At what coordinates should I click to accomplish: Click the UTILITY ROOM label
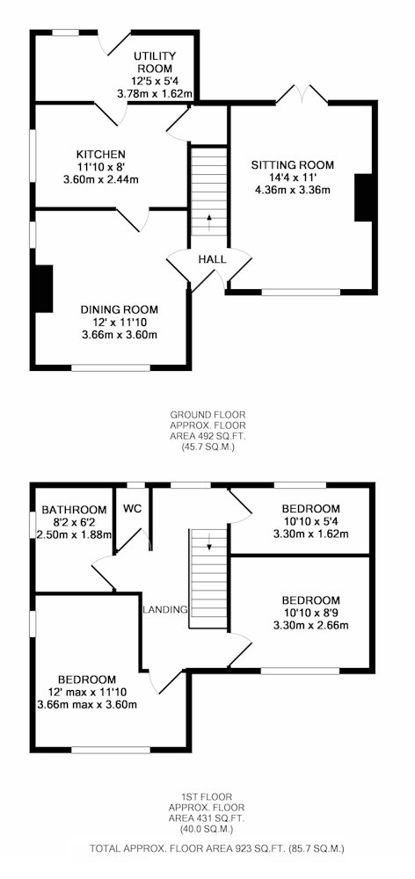click(154, 62)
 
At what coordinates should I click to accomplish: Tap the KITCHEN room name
click(101, 154)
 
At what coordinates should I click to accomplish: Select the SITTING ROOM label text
click(292, 165)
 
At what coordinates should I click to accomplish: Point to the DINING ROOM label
click(119, 309)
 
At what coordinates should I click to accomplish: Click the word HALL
click(212, 259)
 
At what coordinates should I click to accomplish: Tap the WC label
click(132, 509)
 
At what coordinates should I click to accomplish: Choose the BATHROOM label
click(74, 510)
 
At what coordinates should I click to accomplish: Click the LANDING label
click(165, 610)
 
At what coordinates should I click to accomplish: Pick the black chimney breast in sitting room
click(363, 197)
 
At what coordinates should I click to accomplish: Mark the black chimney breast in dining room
click(44, 288)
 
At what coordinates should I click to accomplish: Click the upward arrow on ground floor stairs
click(210, 222)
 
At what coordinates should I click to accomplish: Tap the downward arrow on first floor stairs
click(210, 541)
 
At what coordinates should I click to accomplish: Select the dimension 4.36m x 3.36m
click(292, 190)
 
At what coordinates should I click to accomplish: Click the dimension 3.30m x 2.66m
click(310, 625)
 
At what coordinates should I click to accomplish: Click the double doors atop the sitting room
click(302, 94)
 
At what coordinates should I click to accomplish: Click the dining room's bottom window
click(111, 367)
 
